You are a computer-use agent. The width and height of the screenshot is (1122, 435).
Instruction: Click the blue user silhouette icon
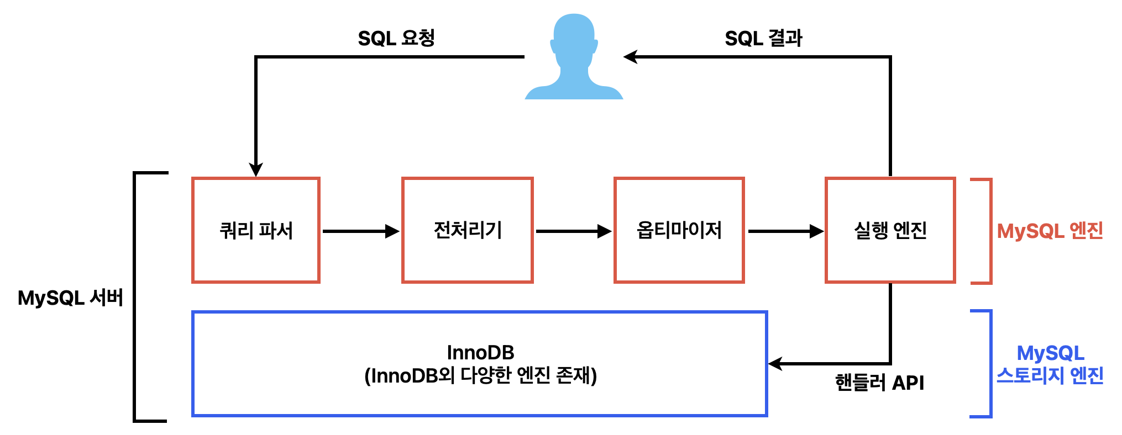574,58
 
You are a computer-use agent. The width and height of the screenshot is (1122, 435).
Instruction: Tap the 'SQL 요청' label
396,38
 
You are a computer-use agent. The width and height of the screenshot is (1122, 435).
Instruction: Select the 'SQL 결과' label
763,38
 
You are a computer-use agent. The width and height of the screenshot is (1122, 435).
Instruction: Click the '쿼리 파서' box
256,230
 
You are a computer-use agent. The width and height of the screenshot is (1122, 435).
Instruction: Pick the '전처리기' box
468,230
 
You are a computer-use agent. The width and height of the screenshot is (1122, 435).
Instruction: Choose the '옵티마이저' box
679,230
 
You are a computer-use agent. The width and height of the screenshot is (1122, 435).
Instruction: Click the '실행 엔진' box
890,230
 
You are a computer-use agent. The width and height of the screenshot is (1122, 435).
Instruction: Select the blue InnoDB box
480,364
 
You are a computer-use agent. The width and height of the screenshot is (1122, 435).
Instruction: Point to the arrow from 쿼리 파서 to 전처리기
360,231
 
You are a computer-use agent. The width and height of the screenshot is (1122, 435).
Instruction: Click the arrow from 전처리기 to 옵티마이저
573,231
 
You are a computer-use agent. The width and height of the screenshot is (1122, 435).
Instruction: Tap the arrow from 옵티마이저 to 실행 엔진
785,231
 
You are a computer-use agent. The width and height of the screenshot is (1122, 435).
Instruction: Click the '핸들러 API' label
879,383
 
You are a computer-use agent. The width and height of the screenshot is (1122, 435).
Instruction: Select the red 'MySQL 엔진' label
1050,231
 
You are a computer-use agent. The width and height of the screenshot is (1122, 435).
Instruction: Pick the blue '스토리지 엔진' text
1050,375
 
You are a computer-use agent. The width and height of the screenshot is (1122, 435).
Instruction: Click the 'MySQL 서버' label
70,298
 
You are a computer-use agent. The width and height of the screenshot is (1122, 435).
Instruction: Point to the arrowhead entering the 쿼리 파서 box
256,169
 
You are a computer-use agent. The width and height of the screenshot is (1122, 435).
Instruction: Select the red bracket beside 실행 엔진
989,231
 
